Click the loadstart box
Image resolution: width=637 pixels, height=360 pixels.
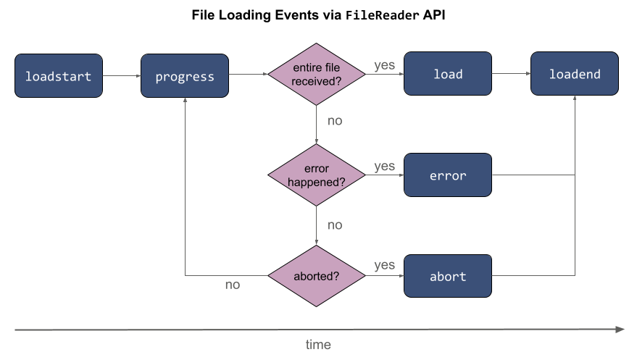tap(58, 75)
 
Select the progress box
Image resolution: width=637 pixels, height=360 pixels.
tap(185, 75)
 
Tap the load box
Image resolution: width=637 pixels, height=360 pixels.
tap(447, 74)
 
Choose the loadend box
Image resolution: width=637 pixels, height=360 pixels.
tap(574, 74)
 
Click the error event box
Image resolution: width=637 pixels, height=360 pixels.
tap(447, 175)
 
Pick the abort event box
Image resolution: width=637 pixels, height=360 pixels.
tap(447, 276)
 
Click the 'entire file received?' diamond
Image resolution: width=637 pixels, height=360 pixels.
tap(316, 74)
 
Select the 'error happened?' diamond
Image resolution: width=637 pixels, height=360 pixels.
tap(316, 175)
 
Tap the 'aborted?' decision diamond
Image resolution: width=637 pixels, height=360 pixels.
tap(316, 276)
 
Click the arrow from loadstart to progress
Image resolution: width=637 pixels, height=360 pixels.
tap(122, 75)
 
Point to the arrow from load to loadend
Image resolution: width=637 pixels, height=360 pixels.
tap(511, 74)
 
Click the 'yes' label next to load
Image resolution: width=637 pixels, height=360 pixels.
tap(384, 65)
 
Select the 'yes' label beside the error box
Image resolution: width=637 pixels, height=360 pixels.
tap(384, 167)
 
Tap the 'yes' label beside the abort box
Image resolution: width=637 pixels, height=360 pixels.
tap(384, 265)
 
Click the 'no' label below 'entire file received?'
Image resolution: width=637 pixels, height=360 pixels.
tap(334, 121)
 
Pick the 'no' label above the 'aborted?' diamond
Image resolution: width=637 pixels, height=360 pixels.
tap(334, 225)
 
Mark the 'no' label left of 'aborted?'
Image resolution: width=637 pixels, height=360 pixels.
tap(232, 285)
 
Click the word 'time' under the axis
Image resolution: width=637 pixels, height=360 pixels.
tap(317, 345)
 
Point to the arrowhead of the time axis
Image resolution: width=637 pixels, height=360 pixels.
tap(620, 330)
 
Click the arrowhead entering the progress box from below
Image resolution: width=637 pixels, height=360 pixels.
tap(185, 101)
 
